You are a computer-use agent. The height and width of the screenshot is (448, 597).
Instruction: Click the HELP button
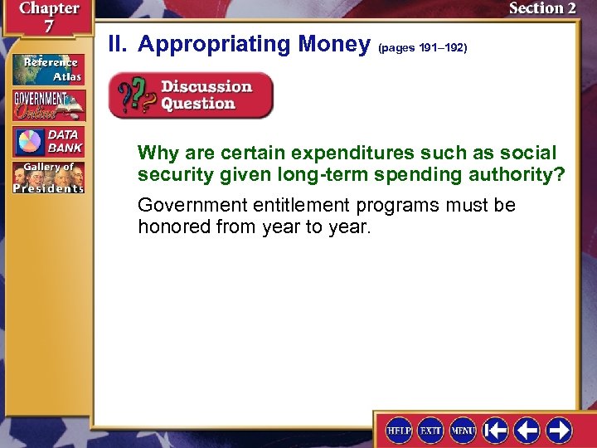point(399,430)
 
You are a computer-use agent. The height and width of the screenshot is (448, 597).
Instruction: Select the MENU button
point(462,430)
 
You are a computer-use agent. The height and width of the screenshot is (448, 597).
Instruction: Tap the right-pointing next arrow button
point(559,430)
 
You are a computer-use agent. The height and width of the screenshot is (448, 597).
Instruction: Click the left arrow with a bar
point(495,430)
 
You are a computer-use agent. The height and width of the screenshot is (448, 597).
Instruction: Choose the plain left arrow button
point(527,430)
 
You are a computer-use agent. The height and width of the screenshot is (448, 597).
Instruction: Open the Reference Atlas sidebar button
point(48,69)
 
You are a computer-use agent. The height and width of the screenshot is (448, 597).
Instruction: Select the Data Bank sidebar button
point(48,142)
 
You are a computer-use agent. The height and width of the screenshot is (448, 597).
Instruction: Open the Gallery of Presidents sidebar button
point(48,177)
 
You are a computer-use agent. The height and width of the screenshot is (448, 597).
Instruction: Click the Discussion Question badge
point(191,95)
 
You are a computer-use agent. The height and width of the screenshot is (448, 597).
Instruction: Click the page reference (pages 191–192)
point(422,48)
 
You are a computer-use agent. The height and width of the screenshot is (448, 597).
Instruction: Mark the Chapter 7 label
point(47,17)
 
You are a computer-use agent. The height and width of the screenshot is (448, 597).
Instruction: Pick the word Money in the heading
point(332,45)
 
